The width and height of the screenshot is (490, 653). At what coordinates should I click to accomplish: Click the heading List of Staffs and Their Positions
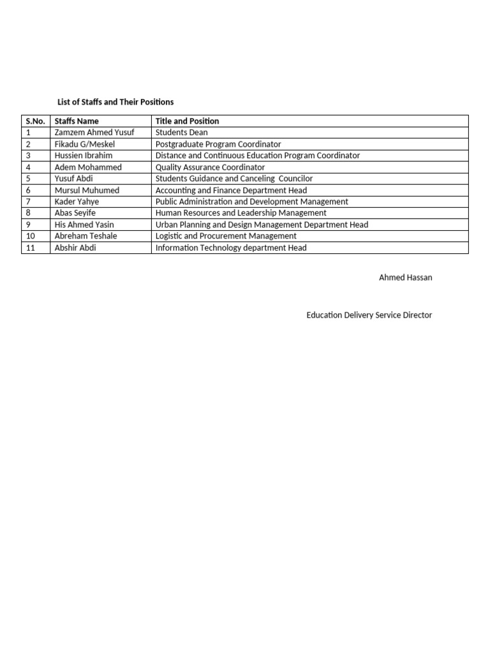point(115,102)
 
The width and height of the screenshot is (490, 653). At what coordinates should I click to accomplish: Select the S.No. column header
point(35,121)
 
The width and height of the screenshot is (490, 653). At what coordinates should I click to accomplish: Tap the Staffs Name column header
point(77,121)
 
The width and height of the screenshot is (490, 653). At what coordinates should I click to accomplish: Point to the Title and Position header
point(187,121)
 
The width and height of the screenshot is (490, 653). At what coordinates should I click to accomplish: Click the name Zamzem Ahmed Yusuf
point(94,133)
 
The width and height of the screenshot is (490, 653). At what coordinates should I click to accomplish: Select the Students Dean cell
point(181,133)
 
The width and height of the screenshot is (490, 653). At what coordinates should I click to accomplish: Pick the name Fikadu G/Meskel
point(84,144)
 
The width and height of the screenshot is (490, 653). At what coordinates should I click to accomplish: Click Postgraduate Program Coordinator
point(218,144)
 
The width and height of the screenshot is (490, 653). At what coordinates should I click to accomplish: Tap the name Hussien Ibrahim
point(84,156)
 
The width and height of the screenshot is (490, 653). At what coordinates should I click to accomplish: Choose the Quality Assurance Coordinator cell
point(210,167)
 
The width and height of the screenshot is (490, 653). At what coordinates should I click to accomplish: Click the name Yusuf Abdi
point(73,179)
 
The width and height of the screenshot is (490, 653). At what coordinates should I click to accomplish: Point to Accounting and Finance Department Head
point(231,190)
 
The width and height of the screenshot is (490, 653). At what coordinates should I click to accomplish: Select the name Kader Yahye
point(77,202)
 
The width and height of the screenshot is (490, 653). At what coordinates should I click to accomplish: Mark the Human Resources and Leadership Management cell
point(241,213)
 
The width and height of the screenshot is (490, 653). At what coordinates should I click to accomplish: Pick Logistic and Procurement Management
point(226,236)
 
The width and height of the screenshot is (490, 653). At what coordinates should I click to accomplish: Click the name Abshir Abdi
point(75,247)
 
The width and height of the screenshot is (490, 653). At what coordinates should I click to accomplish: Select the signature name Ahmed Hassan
point(405,278)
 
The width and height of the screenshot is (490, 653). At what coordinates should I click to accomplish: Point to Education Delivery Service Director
point(369,315)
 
